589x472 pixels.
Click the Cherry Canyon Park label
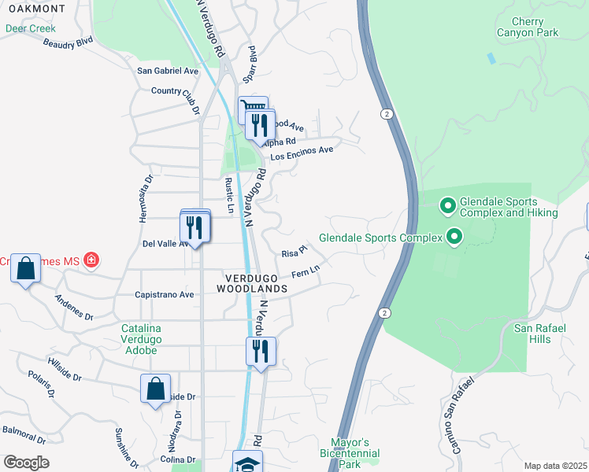click(527, 27)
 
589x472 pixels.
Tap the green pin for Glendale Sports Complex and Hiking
click(448, 206)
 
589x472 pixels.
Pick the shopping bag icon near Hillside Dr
click(155, 388)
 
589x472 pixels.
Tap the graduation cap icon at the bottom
click(247, 463)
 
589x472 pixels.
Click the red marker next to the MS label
click(91, 260)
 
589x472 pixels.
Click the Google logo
click(26, 462)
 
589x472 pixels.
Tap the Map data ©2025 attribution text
click(555, 466)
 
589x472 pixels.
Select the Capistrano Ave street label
click(165, 295)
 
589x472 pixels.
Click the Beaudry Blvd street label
click(69, 41)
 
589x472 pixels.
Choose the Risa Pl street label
click(293, 253)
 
